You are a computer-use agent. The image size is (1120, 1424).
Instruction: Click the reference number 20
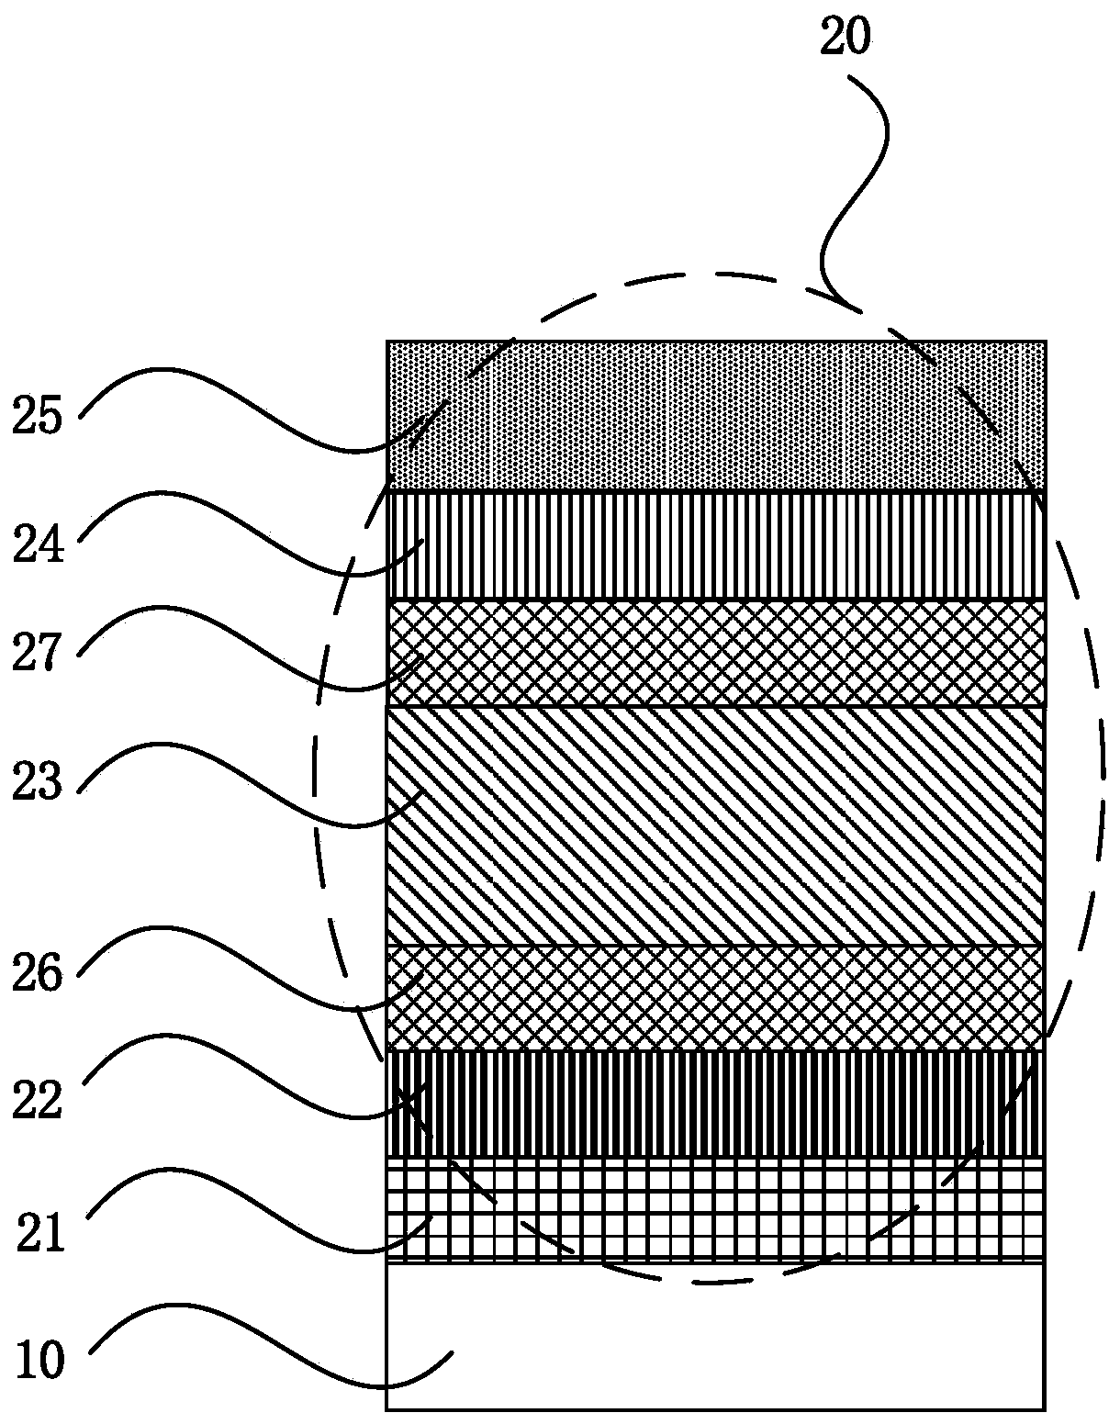pyautogui.click(x=846, y=39)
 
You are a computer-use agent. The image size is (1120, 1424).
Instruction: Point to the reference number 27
pyautogui.click(x=38, y=655)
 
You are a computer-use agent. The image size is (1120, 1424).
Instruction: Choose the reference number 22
pyautogui.click(x=38, y=1100)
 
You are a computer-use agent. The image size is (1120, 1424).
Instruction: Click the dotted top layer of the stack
pyautogui.click(x=716, y=416)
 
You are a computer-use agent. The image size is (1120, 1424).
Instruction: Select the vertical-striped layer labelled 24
pyautogui.click(x=716, y=546)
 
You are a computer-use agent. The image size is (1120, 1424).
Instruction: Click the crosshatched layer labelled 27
pyautogui.click(x=716, y=653)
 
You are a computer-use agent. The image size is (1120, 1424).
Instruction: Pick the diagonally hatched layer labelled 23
pyautogui.click(x=716, y=826)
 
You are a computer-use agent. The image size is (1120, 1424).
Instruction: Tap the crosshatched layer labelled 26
pyautogui.click(x=716, y=998)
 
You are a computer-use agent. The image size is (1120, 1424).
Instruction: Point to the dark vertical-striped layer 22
pyautogui.click(x=716, y=1103)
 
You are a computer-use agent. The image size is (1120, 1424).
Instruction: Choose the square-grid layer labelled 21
pyautogui.click(x=716, y=1208)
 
